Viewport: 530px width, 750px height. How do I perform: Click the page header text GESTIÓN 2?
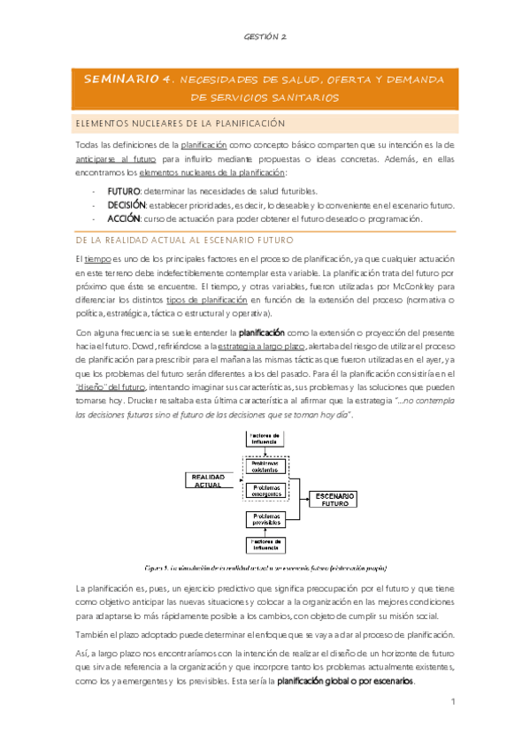(x=265, y=37)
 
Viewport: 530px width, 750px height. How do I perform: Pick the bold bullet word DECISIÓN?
(x=127, y=204)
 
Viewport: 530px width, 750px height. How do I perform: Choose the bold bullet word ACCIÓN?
(x=124, y=218)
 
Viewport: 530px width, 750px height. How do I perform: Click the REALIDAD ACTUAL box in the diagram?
(x=204, y=479)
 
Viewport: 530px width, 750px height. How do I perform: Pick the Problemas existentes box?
(x=265, y=465)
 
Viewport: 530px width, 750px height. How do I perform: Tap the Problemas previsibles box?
(x=265, y=518)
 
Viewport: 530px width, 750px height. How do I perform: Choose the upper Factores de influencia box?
(x=265, y=437)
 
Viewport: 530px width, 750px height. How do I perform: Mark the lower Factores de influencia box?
(x=265, y=544)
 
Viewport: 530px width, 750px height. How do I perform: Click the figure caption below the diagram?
(x=265, y=567)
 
